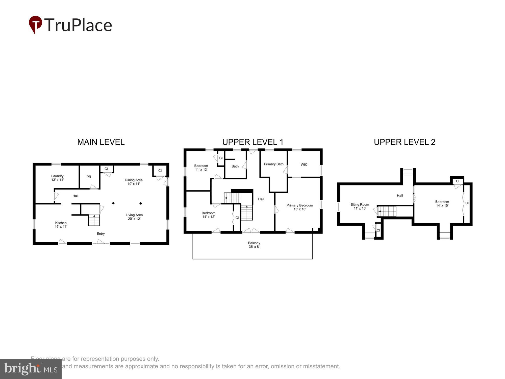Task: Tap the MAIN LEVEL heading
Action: click(101, 142)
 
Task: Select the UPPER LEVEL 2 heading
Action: click(405, 142)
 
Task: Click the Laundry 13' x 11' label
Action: click(57, 178)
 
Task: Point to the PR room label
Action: click(89, 177)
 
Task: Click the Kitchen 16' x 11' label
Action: click(61, 225)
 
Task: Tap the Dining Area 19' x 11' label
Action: click(134, 182)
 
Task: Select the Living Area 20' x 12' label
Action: click(134, 217)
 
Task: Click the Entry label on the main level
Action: click(101, 234)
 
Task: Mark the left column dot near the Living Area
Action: click(113, 203)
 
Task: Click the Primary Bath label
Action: click(273, 164)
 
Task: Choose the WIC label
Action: click(304, 164)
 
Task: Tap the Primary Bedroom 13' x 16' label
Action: click(299, 207)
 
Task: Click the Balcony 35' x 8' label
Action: click(254, 245)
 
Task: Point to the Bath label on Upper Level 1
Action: click(235, 166)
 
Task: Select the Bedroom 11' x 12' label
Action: click(201, 168)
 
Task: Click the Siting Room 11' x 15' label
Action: click(360, 206)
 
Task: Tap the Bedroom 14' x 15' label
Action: click(442, 204)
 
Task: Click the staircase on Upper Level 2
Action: click(388, 211)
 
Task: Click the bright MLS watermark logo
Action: click(31, 369)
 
